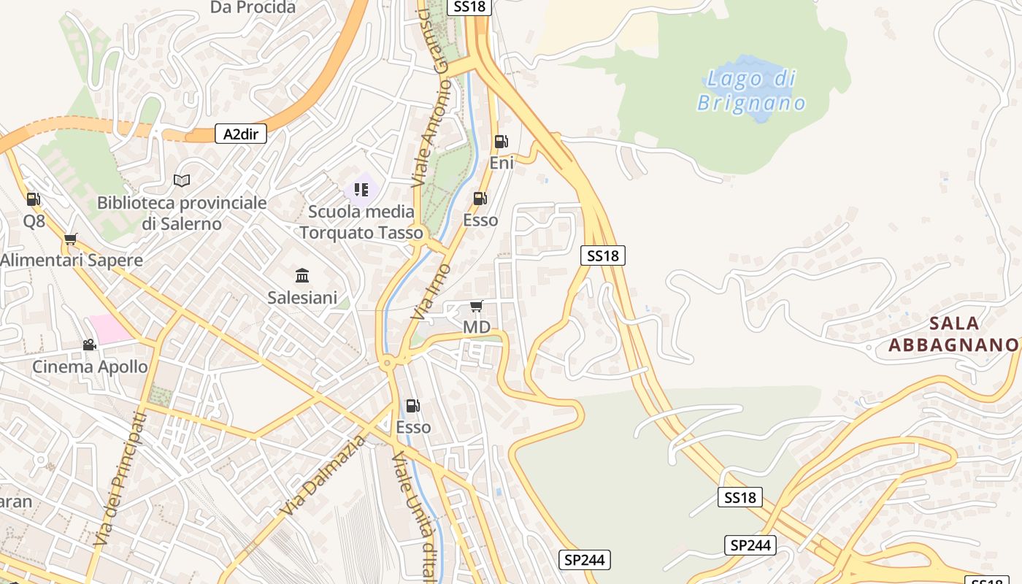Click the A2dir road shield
pos(241,134)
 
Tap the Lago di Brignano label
pos(751,90)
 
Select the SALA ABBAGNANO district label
pos(953,334)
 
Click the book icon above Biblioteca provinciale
pos(182,180)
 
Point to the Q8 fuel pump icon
pos(33,199)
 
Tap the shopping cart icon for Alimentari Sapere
pos(71,239)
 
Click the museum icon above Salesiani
pos(302,275)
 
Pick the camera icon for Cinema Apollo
pos(89,345)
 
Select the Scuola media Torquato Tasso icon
pos(361,190)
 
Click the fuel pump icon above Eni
pos(501,142)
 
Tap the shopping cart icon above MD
pos(477,306)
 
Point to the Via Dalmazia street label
pos(323,475)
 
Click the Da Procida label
pos(253,8)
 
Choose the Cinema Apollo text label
pos(90,366)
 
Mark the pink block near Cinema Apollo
pos(110,329)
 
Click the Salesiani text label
pos(302,297)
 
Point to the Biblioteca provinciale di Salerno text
pos(182,213)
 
